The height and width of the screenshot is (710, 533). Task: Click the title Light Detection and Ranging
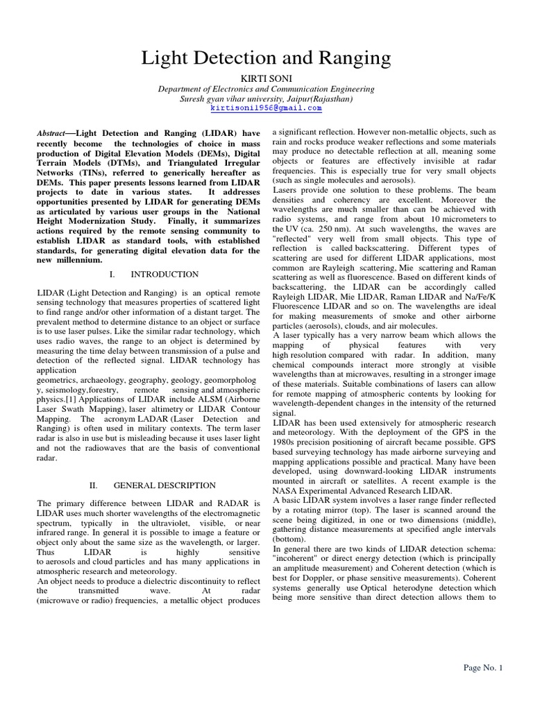click(x=266, y=59)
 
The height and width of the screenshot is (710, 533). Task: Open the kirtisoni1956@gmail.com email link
click(x=266, y=109)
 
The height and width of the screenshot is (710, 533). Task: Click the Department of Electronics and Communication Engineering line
click(x=266, y=89)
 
